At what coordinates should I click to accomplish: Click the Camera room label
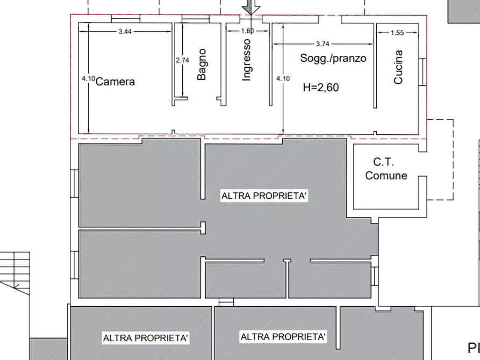(115, 82)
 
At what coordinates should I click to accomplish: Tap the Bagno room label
(202, 64)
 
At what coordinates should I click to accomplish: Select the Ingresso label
(246, 60)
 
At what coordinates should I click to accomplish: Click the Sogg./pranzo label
(333, 58)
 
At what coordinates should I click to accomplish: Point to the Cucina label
(398, 67)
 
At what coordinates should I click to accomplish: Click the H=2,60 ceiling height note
(321, 88)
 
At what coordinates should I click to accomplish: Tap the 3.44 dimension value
(125, 32)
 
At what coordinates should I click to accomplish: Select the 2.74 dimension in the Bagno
(182, 60)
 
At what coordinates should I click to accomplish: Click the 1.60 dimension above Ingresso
(247, 31)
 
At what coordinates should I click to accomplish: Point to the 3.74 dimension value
(323, 44)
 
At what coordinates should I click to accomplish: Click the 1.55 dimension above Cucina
(397, 33)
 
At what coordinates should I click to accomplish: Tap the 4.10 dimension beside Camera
(88, 78)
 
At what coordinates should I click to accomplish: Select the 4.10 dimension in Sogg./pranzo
(283, 78)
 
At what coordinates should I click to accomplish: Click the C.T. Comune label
(386, 169)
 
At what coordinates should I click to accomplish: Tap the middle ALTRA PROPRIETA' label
(264, 196)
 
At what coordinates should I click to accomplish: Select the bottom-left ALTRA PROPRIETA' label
(146, 338)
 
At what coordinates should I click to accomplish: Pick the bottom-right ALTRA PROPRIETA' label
(283, 337)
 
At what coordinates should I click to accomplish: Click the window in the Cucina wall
(422, 72)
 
